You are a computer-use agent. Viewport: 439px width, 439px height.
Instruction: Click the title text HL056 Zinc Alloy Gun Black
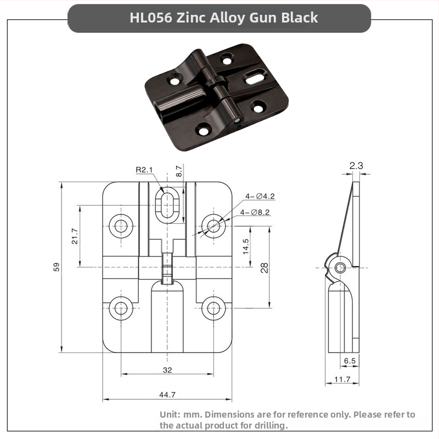pyautogui.click(x=223, y=18)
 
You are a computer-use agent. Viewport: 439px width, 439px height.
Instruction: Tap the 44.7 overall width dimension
pyautogui.click(x=167, y=395)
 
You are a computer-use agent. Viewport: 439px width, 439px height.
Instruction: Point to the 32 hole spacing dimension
pyautogui.click(x=167, y=370)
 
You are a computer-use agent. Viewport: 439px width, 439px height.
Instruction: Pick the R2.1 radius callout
pyautogui.click(x=145, y=170)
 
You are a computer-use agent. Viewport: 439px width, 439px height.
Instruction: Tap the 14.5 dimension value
pyautogui.click(x=245, y=245)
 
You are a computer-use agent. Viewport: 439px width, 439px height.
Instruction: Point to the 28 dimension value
pyautogui.click(x=264, y=268)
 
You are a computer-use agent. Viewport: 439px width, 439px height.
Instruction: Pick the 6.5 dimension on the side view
pyautogui.click(x=350, y=361)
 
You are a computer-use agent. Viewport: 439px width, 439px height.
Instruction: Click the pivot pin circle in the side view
pyautogui.click(x=341, y=267)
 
